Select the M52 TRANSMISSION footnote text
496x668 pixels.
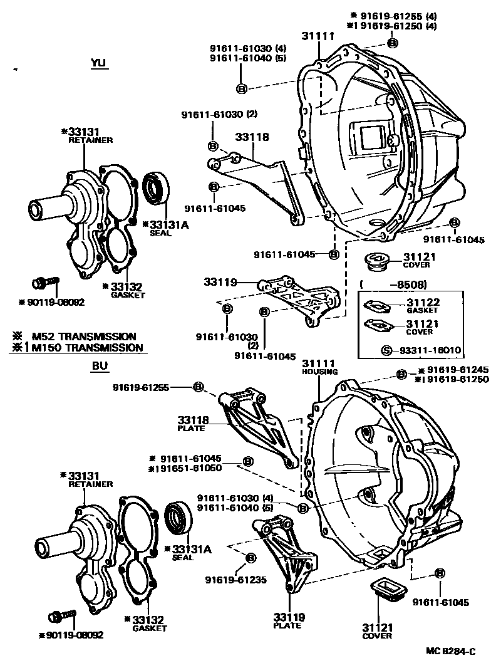(x=90, y=337)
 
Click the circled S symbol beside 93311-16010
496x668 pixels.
(x=386, y=350)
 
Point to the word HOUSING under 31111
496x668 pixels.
(x=319, y=372)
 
